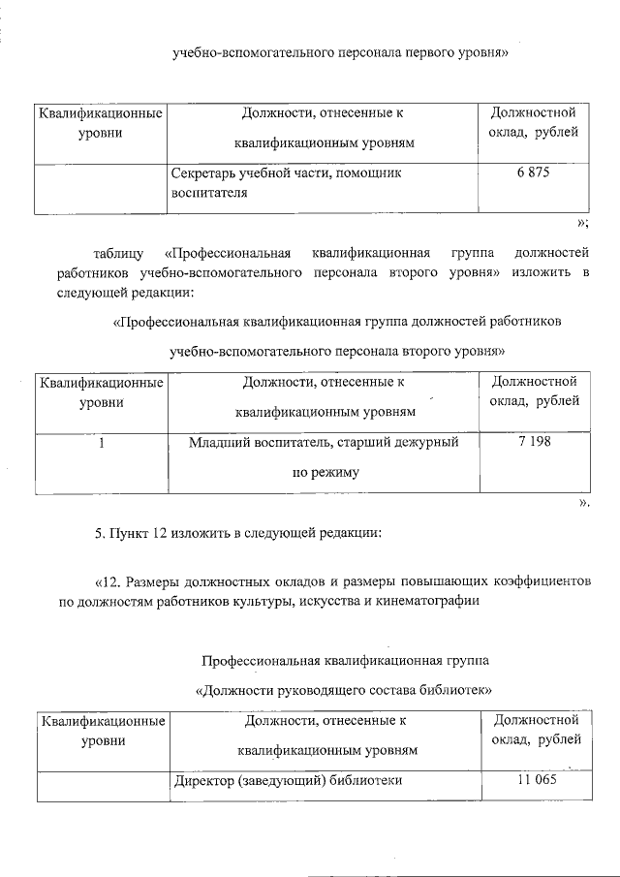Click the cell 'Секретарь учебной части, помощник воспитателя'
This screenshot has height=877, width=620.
(285, 182)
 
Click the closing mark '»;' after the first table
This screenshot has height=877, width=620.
(583, 224)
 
